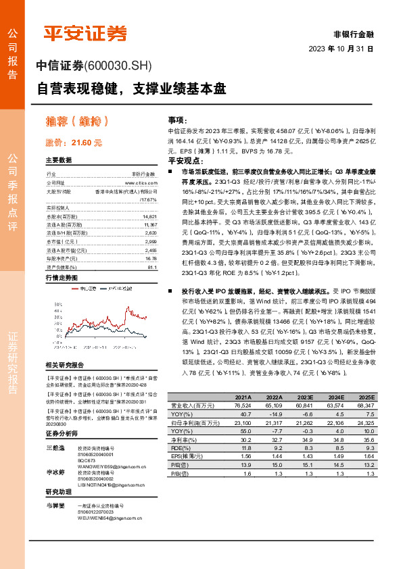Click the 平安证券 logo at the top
point(85,33)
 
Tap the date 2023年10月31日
point(341,49)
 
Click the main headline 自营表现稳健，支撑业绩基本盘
point(131,88)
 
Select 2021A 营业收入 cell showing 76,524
point(242,407)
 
